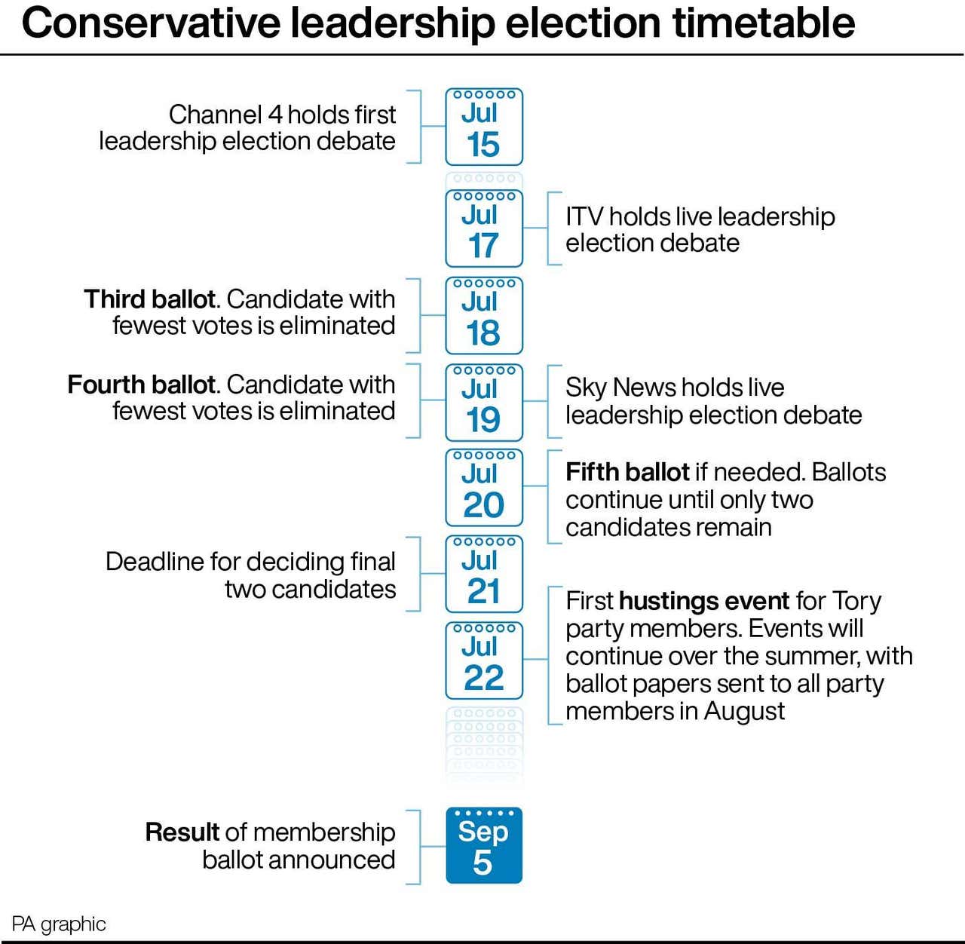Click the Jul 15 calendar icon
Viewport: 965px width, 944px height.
tap(484, 127)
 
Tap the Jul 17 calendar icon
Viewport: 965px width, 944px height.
tap(484, 228)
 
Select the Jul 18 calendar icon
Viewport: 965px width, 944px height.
tap(484, 316)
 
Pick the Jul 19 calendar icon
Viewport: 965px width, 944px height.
tap(484, 403)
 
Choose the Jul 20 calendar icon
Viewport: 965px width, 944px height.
tap(484, 488)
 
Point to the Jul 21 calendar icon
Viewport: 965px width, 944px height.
tap(484, 574)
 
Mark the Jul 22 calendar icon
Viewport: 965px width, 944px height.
tap(484, 660)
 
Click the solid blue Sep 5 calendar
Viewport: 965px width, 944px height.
tap(484, 845)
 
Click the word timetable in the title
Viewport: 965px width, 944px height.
tap(764, 23)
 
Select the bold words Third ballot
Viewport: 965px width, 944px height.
tap(150, 299)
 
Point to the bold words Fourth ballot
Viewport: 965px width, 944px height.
tap(142, 385)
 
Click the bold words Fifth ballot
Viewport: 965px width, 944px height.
tap(627, 472)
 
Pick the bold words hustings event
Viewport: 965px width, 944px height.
tap(704, 601)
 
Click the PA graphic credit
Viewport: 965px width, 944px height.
tap(59, 924)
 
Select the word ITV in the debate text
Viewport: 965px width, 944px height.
tap(584, 217)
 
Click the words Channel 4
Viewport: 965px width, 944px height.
tap(225, 115)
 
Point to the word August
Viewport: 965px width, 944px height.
tap(744, 711)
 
